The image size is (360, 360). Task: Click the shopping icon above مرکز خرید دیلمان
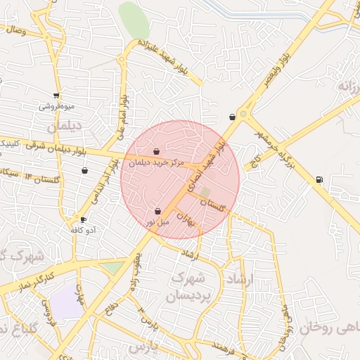click(x=156, y=151)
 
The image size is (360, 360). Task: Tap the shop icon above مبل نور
click(x=157, y=211)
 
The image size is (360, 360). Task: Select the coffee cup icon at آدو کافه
click(x=84, y=220)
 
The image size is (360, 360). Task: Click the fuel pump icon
click(x=320, y=179)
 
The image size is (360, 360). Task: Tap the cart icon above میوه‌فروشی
click(x=56, y=96)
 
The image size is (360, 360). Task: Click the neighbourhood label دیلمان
click(x=65, y=127)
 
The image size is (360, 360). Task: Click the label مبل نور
click(x=158, y=221)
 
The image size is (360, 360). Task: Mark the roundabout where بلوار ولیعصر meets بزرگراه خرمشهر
click(x=244, y=112)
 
